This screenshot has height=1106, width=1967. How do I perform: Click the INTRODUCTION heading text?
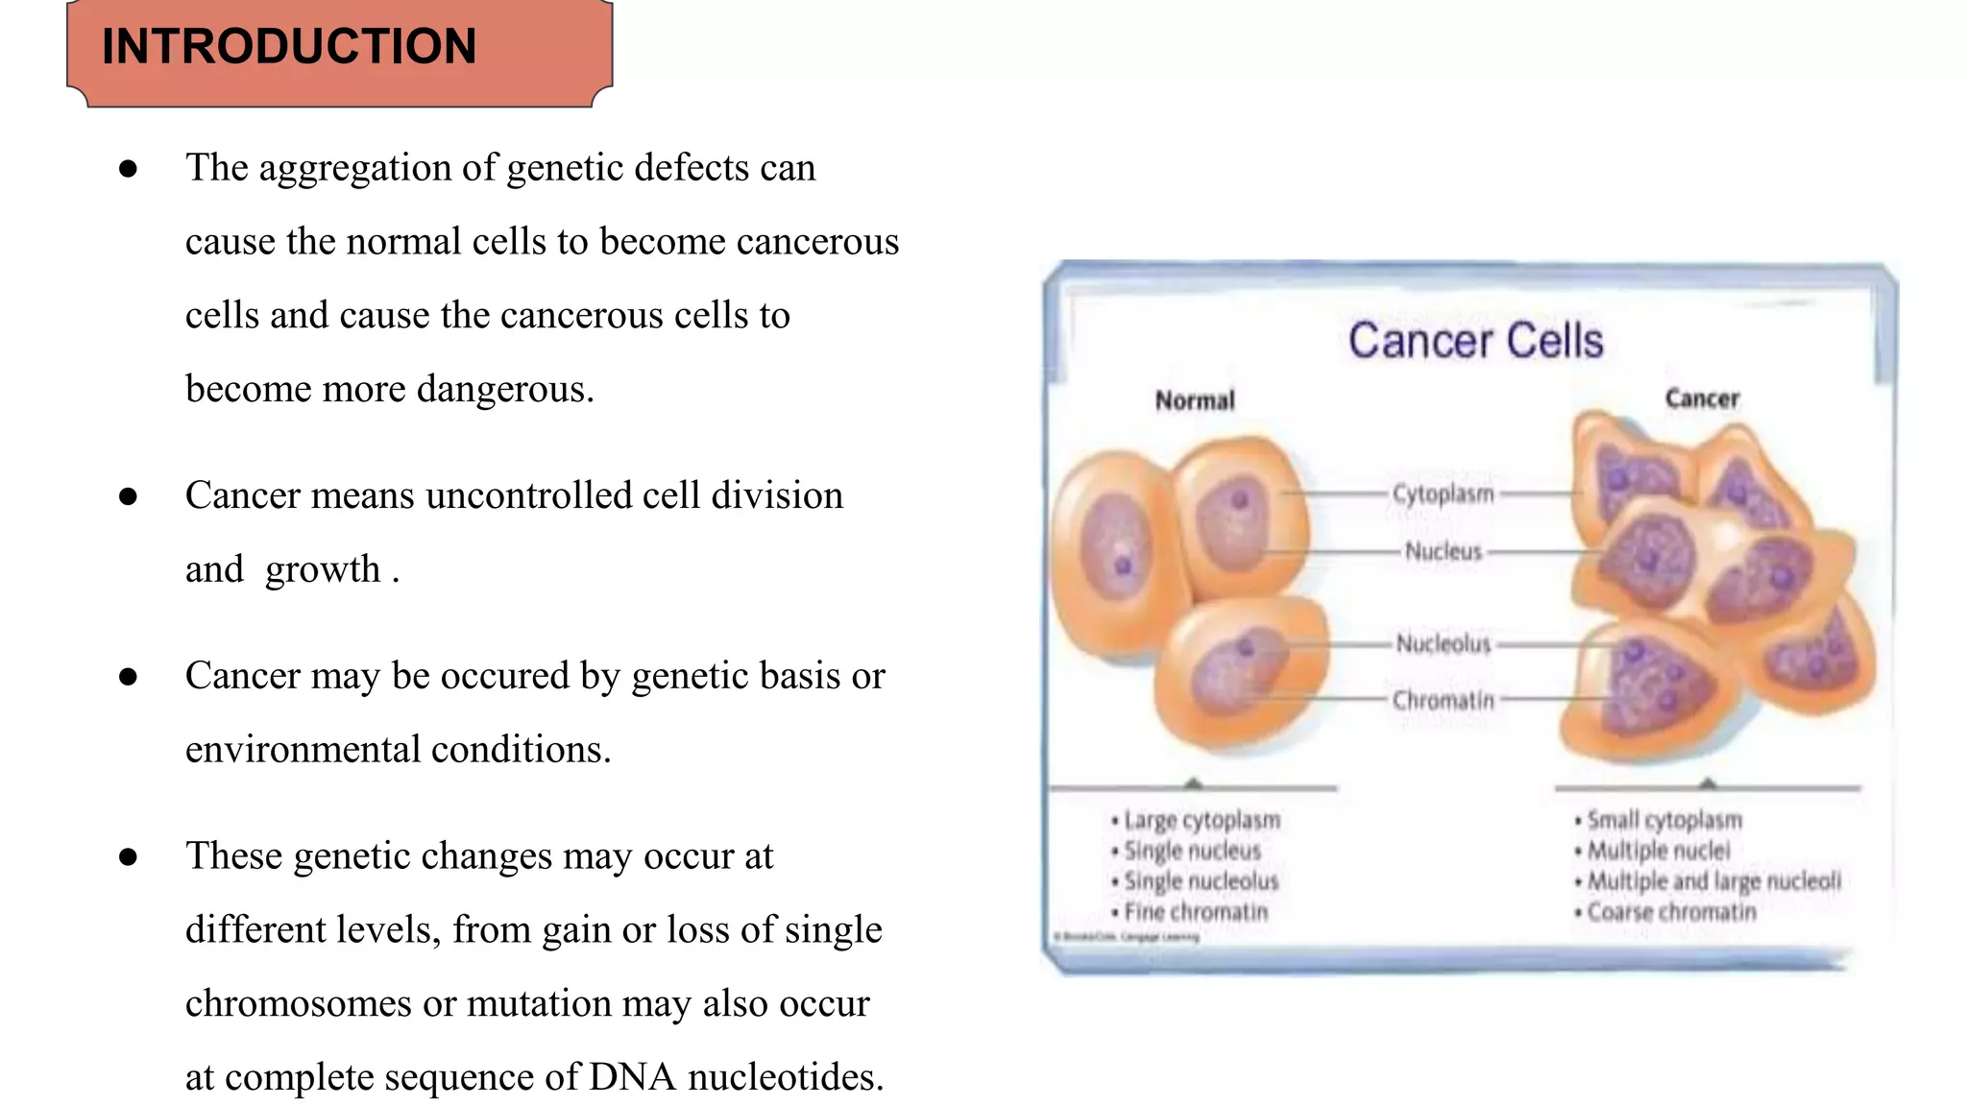pyautogui.click(x=289, y=46)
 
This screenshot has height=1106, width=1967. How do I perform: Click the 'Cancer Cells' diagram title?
pyautogui.click(x=1475, y=341)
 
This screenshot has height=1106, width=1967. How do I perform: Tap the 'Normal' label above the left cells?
pyautogui.click(x=1195, y=400)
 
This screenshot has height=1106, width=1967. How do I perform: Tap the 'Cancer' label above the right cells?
pyautogui.click(x=1702, y=398)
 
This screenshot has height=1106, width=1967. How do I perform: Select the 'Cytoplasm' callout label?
pyautogui.click(x=1444, y=493)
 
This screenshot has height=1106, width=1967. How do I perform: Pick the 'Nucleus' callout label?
pyautogui.click(x=1444, y=551)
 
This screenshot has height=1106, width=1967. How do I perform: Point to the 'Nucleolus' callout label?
pyautogui.click(x=1444, y=643)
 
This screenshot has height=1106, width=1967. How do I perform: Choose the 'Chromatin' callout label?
pyautogui.click(x=1444, y=701)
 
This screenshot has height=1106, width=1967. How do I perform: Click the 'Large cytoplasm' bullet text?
pyautogui.click(x=1202, y=820)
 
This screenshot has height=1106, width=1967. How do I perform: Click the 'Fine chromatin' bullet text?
pyautogui.click(x=1196, y=911)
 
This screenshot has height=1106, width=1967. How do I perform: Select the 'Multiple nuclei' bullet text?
pyautogui.click(x=1658, y=851)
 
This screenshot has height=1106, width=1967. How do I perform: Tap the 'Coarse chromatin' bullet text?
pyautogui.click(x=1671, y=911)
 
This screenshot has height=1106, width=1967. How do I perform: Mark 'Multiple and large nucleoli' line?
pyautogui.click(x=1713, y=880)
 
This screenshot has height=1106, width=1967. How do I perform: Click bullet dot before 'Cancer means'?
pyautogui.click(x=128, y=496)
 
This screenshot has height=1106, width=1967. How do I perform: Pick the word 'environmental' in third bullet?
pyautogui.click(x=303, y=750)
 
